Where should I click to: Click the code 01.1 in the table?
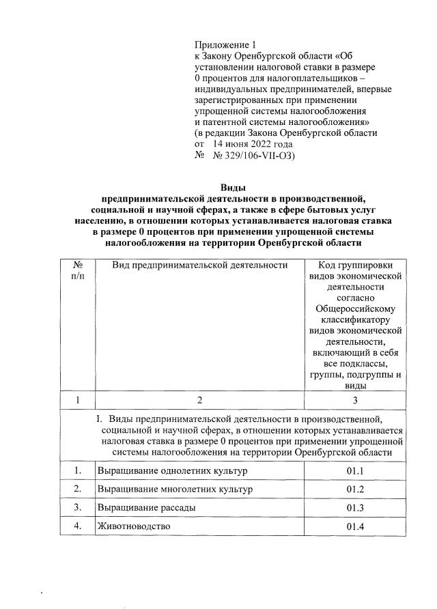(x=356, y=472)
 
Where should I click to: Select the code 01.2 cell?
(x=356, y=490)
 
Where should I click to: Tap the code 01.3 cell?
(x=356, y=509)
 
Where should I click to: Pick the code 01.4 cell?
(x=356, y=526)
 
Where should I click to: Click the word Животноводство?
(x=133, y=526)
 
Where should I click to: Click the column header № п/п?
(x=78, y=270)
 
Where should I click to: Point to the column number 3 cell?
(x=356, y=400)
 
